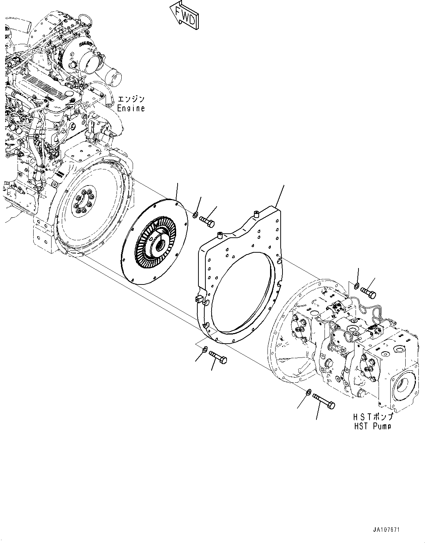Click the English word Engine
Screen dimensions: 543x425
tap(131, 108)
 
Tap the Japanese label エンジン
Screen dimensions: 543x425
tap(131, 99)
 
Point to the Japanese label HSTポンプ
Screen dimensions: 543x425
tap(372, 417)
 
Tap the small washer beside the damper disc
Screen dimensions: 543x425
tap(196, 214)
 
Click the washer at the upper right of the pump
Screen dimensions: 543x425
tap(356, 285)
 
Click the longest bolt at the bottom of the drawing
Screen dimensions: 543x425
tap(324, 400)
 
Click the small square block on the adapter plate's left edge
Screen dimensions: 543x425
tap(200, 299)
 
